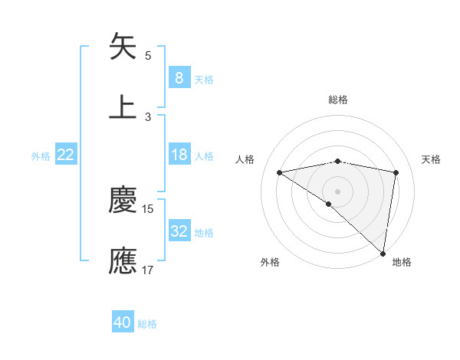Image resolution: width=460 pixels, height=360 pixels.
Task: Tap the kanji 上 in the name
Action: pyautogui.click(x=123, y=106)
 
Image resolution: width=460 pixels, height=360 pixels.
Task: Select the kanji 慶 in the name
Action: pyautogui.click(x=123, y=201)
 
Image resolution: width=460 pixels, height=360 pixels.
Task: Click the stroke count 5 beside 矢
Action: pyautogui.click(x=148, y=55)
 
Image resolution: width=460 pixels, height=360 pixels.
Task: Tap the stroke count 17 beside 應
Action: pyautogui.click(x=148, y=270)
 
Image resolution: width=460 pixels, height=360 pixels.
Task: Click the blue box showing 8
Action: pyautogui.click(x=179, y=77)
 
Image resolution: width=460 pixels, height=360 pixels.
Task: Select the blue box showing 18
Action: pyautogui.click(x=179, y=155)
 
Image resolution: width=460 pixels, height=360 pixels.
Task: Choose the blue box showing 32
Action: pyautogui.click(x=179, y=231)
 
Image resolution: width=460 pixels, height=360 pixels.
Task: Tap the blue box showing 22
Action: pyautogui.click(x=66, y=155)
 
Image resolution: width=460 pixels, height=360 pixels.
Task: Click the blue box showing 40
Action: pyautogui.click(x=123, y=322)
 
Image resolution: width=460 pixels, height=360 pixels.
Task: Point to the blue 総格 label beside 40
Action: pyautogui.click(x=148, y=324)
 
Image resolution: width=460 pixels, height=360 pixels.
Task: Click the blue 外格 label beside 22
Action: pyautogui.click(x=41, y=156)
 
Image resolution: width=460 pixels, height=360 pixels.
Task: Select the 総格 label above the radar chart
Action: pyautogui.click(x=338, y=100)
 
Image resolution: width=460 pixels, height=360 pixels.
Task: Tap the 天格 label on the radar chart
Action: pyautogui.click(x=432, y=159)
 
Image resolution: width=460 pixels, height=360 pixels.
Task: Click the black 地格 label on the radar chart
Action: pyautogui.click(x=402, y=262)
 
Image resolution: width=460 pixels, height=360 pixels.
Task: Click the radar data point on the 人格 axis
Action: pyautogui.click(x=280, y=172)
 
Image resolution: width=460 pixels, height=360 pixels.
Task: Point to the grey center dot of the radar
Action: pyautogui.click(x=338, y=191)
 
